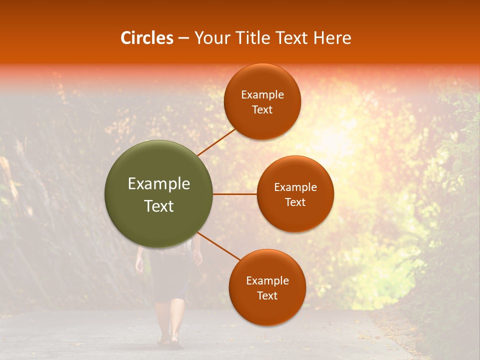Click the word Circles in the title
point(146,38)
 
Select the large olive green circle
point(159,194)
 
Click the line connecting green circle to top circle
point(216,142)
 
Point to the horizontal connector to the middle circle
point(235,194)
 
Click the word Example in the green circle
point(159,184)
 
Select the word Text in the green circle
point(159,206)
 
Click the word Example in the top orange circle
point(262,95)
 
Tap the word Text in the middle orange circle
point(295,202)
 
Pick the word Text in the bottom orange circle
point(267,296)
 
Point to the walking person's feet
point(170,341)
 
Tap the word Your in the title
point(209,38)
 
